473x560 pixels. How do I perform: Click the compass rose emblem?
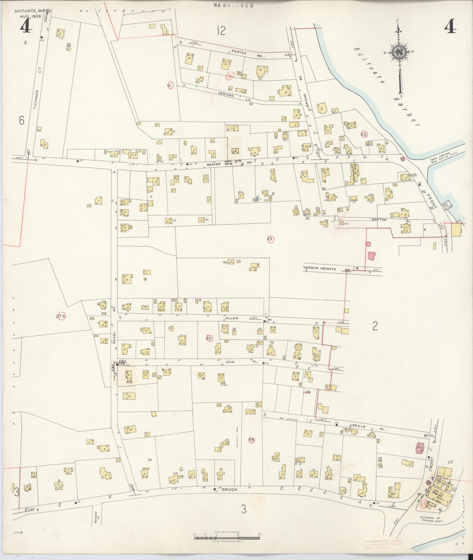point(399,52)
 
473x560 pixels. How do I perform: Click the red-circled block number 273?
point(61,316)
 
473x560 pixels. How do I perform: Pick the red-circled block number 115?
point(209,338)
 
